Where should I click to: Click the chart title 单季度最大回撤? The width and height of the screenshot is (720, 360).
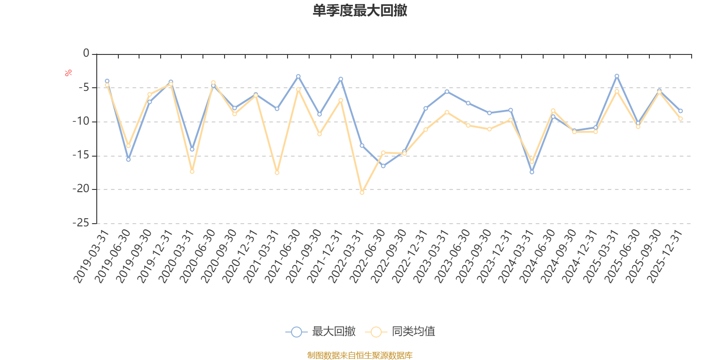tap(360, 11)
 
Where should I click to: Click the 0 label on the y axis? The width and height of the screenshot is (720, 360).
tap(86, 54)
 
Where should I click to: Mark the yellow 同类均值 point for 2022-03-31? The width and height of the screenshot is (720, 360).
tap(362, 193)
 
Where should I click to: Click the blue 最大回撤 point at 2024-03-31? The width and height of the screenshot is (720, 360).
tap(532, 172)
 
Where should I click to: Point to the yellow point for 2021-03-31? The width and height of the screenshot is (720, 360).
tap(277, 173)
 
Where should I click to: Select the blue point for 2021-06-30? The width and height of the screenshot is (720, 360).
tap(298, 76)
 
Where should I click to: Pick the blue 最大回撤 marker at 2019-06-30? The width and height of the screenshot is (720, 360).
tap(128, 159)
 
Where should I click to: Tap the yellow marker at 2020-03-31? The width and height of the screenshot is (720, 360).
tap(192, 171)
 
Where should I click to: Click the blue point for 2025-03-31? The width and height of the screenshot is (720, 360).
tap(616, 76)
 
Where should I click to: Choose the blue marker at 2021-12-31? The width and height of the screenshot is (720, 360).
tap(341, 79)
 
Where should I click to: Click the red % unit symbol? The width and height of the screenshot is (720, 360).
tap(68, 73)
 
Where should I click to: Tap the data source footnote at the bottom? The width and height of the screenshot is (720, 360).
tap(360, 355)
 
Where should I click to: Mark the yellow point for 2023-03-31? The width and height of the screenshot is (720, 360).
tap(447, 112)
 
